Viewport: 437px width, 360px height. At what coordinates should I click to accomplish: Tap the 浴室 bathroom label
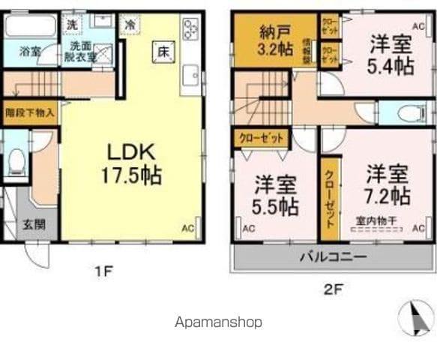point(29,52)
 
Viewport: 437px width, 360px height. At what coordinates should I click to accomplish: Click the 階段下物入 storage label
point(29,113)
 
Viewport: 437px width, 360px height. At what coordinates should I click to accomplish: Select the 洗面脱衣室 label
point(77,51)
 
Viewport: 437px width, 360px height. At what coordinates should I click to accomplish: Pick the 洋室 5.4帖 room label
point(390,54)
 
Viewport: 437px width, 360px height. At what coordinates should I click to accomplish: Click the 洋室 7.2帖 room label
point(387,187)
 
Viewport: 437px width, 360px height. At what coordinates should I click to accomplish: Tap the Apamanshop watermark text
point(218,322)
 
